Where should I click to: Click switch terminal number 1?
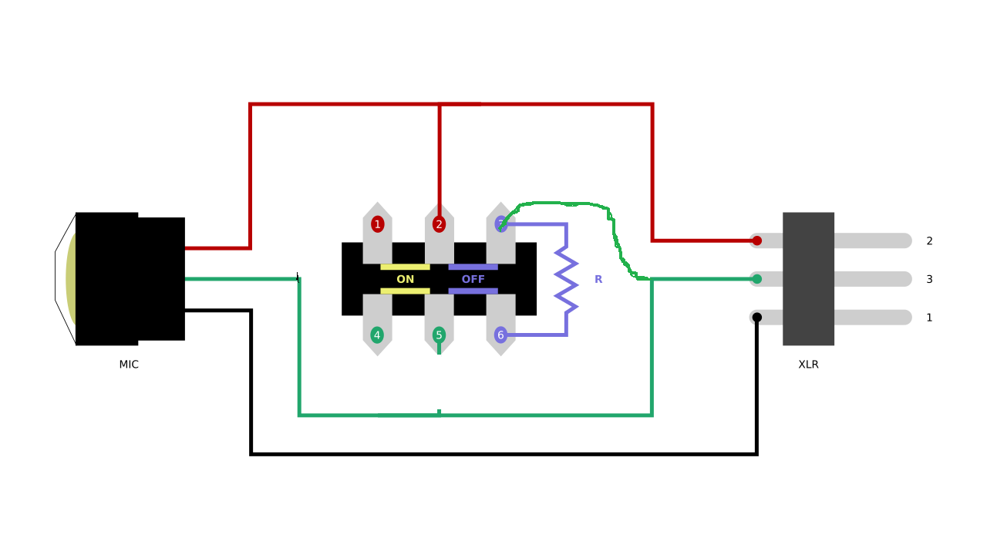coord(377,224)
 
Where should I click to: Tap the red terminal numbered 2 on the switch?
coord(439,224)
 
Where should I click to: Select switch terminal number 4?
coord(377,335)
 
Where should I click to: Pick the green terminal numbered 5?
coord(439,335)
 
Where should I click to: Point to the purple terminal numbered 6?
coord(500,335)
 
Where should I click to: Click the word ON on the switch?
coord(405,279)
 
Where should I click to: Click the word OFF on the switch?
coord(473,279)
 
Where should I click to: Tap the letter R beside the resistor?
coord(598,279)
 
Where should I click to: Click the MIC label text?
coord(129,365)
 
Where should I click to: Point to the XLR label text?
coord(808,365)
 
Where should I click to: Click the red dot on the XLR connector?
coord(756,240)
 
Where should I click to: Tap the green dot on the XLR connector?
coord(756,279)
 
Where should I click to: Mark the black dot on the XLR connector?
coord(756,317)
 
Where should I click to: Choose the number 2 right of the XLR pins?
coord(929,241)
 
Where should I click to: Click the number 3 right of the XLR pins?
coord(929,279)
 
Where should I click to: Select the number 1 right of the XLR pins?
coord(929,318)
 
